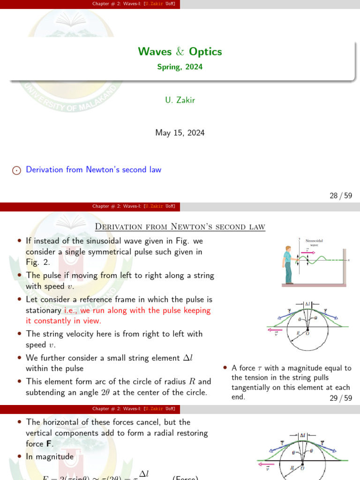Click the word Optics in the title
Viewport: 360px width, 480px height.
point(207,52)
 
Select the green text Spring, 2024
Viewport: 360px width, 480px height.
point(180,67)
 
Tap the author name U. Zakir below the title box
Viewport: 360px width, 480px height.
point(180,99)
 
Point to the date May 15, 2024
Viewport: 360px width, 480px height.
point(180,133)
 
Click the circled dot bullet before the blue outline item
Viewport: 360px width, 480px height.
point(16,170)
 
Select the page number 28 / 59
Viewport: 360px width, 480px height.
point(341,196)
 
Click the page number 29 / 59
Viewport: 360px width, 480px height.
point(341,398)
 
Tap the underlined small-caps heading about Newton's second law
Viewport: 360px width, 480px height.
point(180,227)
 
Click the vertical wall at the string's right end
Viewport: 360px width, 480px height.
point(345,267)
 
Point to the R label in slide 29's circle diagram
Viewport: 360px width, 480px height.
point(298,333)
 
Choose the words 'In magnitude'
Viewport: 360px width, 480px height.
point(50,457)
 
